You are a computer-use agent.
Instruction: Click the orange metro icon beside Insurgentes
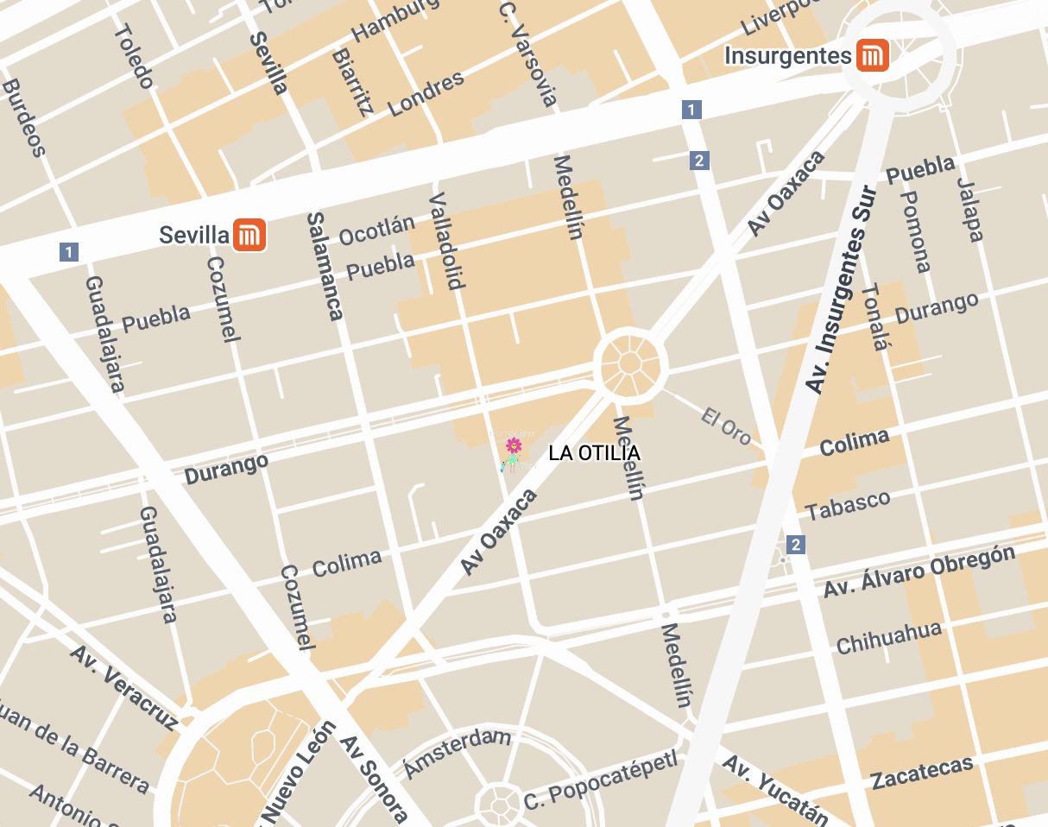point(872,56)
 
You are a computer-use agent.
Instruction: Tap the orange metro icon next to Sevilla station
point(250,235)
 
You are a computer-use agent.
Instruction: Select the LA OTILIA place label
point(594,453)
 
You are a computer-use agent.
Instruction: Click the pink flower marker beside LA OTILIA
point(513,446)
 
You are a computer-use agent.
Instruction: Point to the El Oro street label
point(726,426)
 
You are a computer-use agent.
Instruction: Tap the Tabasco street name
point(848,505)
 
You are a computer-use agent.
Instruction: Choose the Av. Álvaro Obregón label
point(919,571)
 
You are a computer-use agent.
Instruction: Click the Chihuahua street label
point(888,638)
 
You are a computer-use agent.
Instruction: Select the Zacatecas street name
point(922,772)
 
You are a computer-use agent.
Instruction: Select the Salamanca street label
point(325,266)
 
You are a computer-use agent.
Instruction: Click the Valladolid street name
point(446,240)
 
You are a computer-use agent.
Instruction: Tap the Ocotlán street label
point(376,230)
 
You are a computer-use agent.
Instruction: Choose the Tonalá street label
point(874,317)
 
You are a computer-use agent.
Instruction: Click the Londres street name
point(426,93)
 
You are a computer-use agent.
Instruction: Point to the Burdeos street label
point(23,118)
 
